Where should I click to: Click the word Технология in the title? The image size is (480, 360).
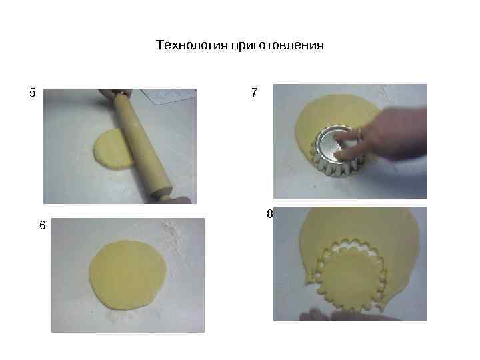coord(191,45)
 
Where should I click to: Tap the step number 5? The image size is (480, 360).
coord(32,93)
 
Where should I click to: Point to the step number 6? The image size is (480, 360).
coord(42,225)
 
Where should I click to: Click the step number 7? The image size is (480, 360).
coord(255,93)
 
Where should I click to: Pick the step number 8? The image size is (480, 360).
coord(269,214)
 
